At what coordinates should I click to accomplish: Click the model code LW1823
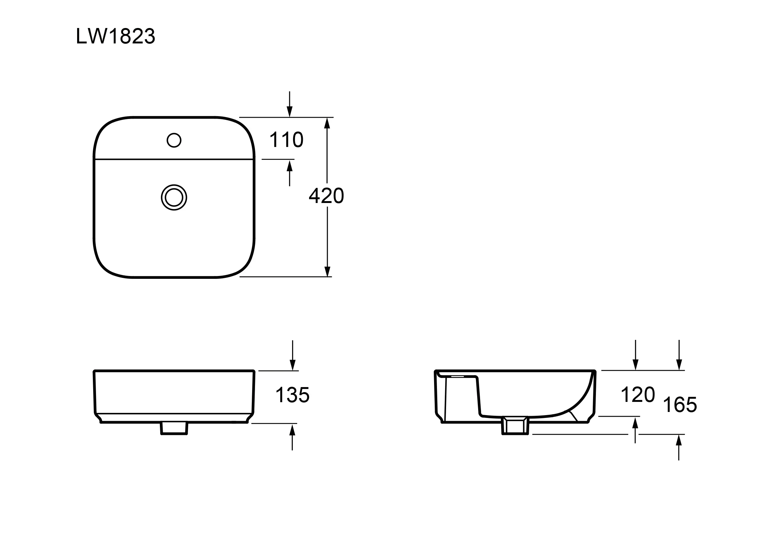116,36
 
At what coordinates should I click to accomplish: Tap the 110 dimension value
286,140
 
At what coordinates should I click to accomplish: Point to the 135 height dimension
292,395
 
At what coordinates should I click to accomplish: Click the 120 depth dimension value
638,395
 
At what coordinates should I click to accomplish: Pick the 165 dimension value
680,405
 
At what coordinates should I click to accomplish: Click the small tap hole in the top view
174,140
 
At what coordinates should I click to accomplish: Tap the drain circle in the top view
174,198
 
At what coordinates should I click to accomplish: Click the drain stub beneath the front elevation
174,428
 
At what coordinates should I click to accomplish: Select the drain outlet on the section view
515,426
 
